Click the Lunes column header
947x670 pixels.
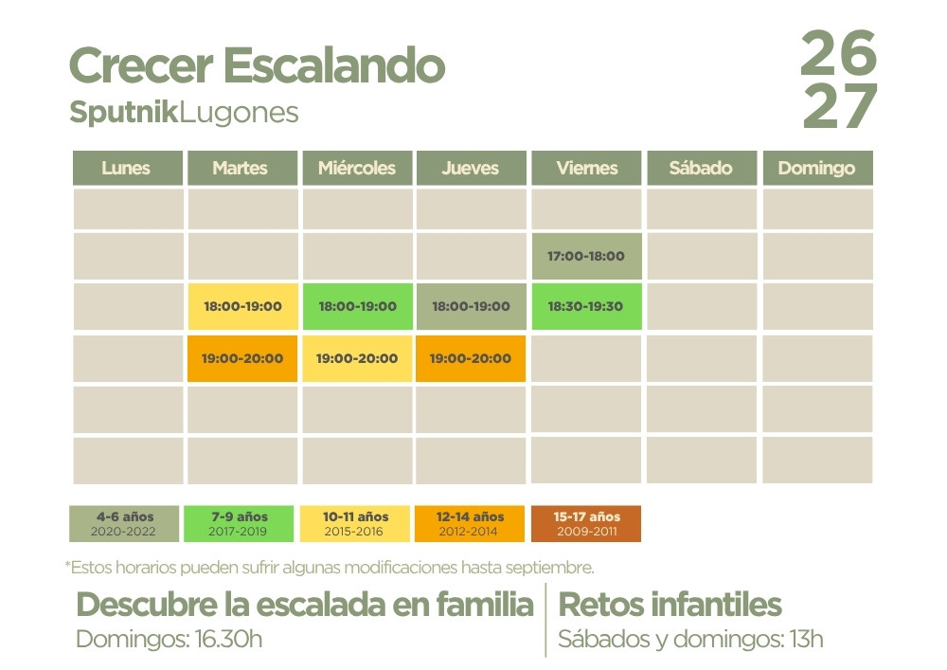[x=128, y=168]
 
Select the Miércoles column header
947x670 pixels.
[x=358, y=168]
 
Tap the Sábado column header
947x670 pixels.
[x=702, y=168]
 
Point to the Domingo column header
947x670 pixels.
[x=818, y=168]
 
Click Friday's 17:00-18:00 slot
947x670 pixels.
[x=586, y=256]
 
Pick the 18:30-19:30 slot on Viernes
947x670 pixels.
[x=586, y=306]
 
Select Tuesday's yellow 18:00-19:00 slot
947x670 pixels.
[x=242, y=306]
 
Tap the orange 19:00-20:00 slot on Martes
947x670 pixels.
[x=242, y=358]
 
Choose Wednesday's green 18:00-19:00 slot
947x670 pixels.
[x=358, y=306]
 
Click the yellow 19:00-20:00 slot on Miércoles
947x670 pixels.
[x=357, y=358]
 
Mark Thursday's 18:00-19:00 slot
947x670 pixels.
[x=471, y=306]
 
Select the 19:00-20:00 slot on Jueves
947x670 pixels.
[x=471, y=358]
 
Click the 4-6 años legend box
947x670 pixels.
[x=124, y=524]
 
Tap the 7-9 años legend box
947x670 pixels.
[x=239, y=524]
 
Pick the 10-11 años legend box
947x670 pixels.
[x=355, y=524]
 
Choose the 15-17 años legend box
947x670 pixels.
[x=586, y=524]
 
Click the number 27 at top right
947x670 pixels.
[x=839, y=106]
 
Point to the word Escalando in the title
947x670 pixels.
[x=334, y=65]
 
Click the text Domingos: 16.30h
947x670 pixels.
[x=170, y=639]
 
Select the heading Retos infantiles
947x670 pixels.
[x=670, y=605]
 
